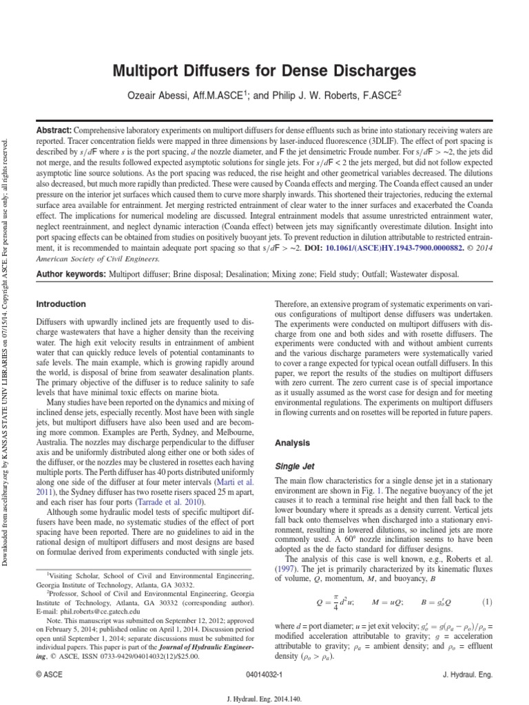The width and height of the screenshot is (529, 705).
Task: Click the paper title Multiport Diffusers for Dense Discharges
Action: click(x=264, y=71)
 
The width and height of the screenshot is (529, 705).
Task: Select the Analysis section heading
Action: click(x=292, y=443)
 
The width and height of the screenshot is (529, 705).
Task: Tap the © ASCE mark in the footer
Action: click(x=49, y=675)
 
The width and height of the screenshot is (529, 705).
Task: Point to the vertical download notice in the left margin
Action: click(x=6, y=344)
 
